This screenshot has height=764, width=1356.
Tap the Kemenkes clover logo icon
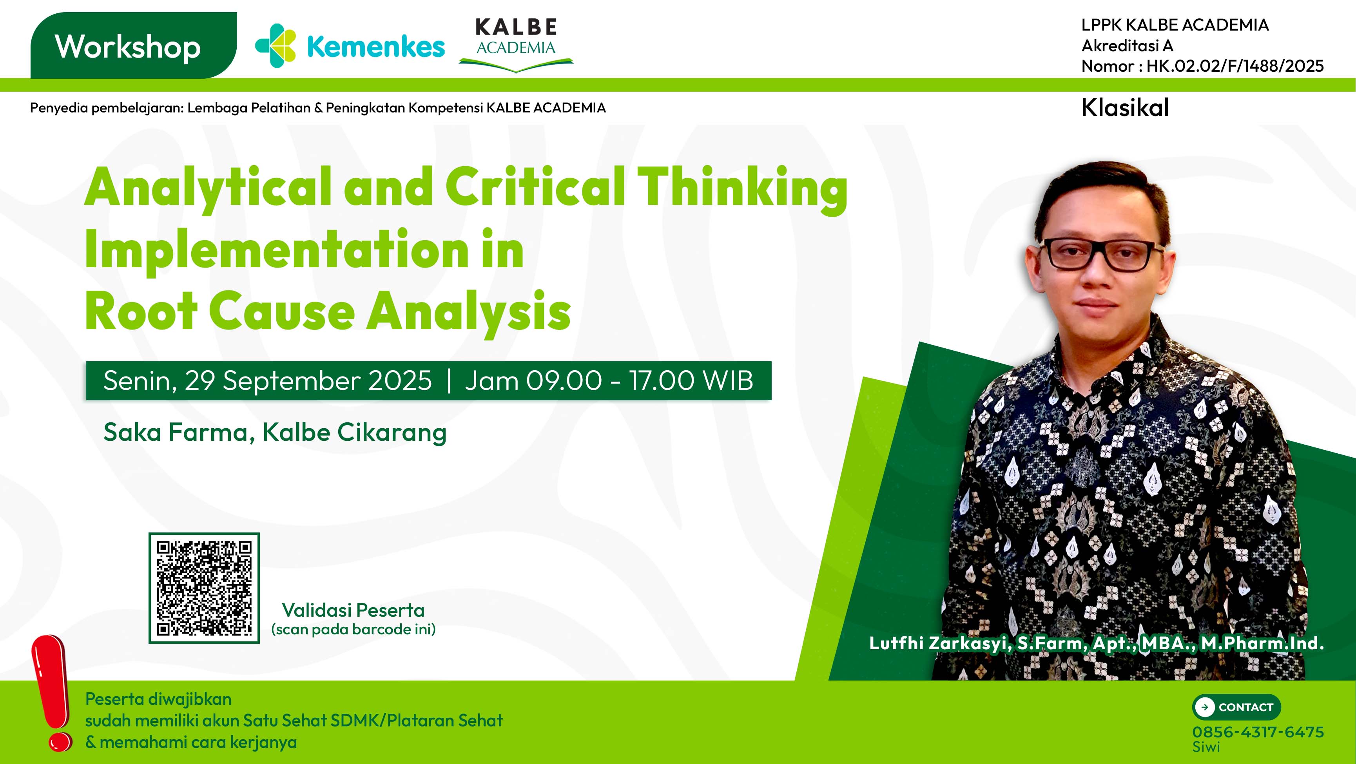click(275, 46)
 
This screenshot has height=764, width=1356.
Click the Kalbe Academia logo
click(516, 45)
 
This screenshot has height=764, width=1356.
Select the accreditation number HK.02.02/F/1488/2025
click(1235, 66)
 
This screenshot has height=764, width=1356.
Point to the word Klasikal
click(1125, 108)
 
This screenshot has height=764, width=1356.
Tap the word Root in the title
click(141, 311)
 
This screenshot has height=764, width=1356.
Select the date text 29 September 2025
click(308, 380)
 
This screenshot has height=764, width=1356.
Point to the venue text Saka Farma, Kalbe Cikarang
click(275, 433)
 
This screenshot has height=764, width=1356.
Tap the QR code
click(204, 588)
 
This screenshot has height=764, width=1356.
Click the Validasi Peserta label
click(353, 610)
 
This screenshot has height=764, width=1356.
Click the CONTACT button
click(1236, 707)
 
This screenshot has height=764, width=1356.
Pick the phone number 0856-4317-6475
click(1258, 732)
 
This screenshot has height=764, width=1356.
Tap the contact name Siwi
click(1206, 747)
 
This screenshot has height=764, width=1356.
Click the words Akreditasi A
click(1127, 46)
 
